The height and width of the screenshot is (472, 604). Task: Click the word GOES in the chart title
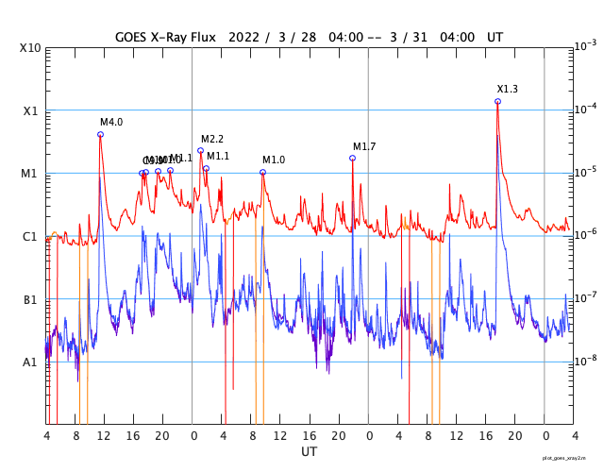point(135,37)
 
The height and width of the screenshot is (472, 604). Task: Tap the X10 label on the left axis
point(31,47)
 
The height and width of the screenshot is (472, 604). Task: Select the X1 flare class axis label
point(31,110)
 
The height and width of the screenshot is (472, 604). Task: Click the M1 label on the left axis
point(30,174)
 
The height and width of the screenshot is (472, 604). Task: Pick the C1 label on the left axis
point(31,236)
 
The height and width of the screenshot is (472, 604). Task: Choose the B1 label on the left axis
point(31,299)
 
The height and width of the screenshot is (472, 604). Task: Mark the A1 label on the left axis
point(31,362)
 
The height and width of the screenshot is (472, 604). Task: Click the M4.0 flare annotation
point(111,123)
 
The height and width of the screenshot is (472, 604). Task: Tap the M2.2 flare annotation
point(212,140)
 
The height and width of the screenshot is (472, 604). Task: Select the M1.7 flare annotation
point(364,147)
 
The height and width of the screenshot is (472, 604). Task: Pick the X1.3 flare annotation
point(508,90)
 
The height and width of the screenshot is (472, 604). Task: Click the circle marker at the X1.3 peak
point(497,101)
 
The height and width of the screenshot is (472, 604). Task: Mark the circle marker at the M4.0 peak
point(100,134)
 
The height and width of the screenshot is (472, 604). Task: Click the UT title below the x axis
point(309,452)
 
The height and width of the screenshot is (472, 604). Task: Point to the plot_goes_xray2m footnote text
point(571,458)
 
